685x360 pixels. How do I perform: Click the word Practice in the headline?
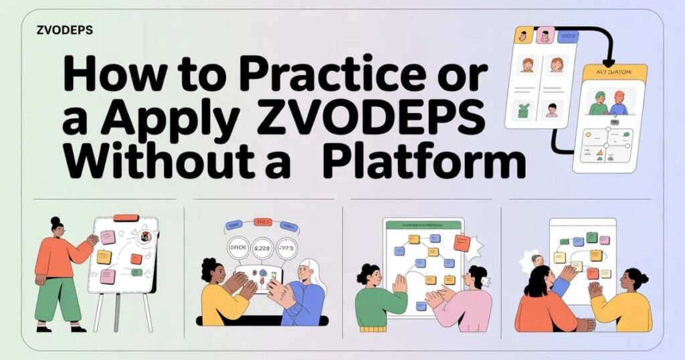pos(348,75)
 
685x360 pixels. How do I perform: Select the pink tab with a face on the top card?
pos(545,35)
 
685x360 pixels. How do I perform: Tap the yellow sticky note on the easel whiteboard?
pos(104,256)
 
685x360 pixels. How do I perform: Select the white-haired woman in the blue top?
pos(302,294)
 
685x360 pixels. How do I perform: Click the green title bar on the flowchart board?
pos(422,225)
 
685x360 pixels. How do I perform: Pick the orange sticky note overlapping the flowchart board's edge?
pos(462,242)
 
